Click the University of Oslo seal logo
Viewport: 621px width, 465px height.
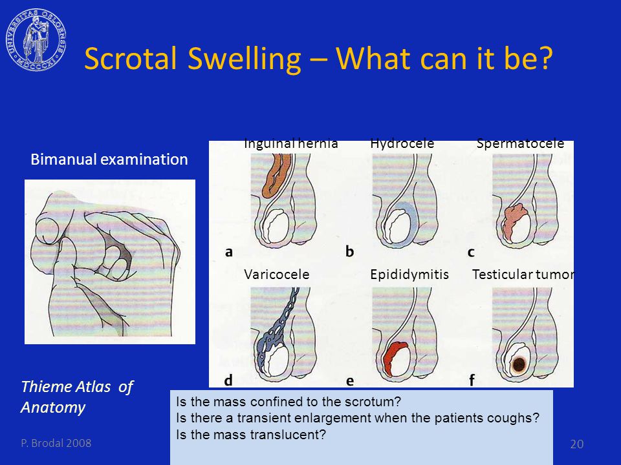[x=36, y=40]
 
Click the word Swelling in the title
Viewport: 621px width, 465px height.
[x=244, y=59]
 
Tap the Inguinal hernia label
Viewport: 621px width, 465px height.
[x=290, y=143]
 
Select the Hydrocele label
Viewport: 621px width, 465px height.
[x=402, y=143]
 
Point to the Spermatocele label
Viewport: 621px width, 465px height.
[x=520, y=143]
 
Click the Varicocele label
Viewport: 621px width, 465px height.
[x=276, y=274]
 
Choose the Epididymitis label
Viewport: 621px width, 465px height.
[x=409, y=274]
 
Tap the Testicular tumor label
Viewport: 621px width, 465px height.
[x=523, y=274]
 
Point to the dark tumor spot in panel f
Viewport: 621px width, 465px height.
[x=518, y=364]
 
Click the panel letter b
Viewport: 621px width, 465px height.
[x=350, y=251]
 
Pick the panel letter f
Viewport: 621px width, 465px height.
[x=472, y=380]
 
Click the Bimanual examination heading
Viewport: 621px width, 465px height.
[x=109, y=160]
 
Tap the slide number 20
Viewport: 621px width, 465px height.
[x=576, y=444]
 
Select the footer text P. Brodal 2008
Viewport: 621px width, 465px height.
[x=56, y=443]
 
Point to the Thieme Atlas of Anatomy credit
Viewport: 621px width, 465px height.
[x=77, y=397]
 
